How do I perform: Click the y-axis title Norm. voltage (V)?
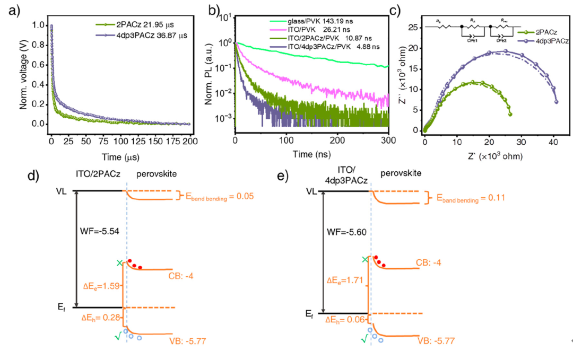[x=23, y=74]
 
